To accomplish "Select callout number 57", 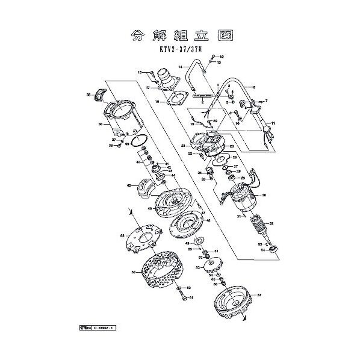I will (259, 296).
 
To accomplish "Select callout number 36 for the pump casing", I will (101, 125).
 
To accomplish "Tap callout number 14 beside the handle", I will (171, 67).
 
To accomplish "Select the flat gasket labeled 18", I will (176, 100).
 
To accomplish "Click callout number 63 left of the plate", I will (122, 235).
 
